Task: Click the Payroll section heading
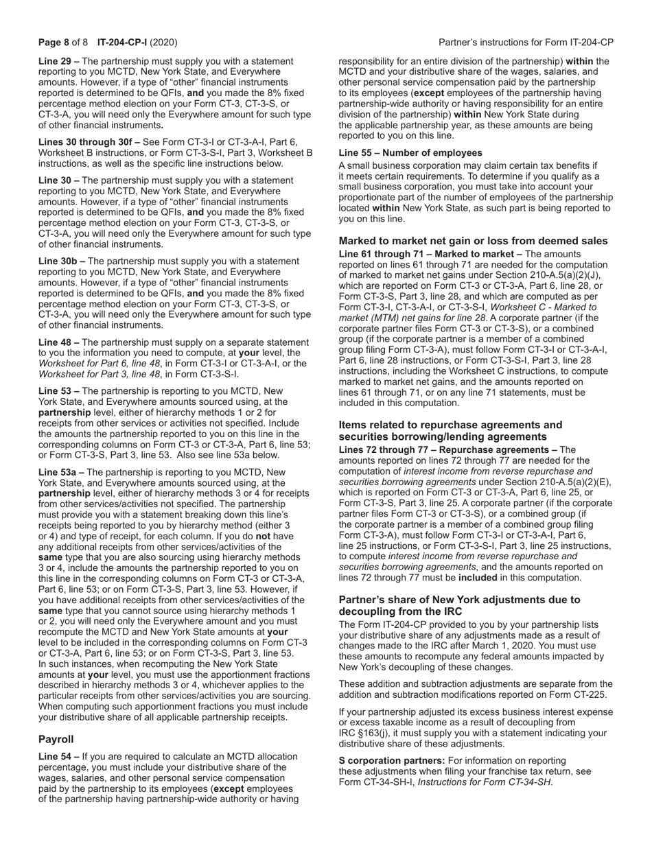pyautogui.click(x=56, y=739)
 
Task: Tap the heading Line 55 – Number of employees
pyautogui.click(x=410, y=153)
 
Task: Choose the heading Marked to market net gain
pyautogui.click(x=473, y=241)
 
